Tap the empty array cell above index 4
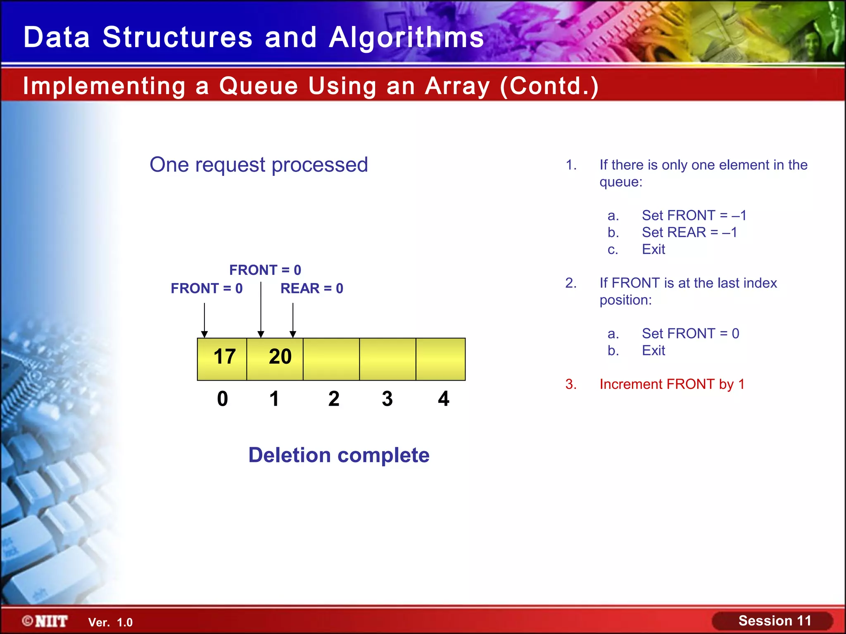click(x=440, y=358)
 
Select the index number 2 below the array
click(x=334, y=399)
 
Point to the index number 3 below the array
click(x=387, y=399)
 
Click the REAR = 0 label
click(x=312, y=288)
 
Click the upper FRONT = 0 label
click(x=265, y=270)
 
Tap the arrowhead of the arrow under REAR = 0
click(x=293, y=334)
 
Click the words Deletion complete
click(x=339, y=455)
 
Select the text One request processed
click(x=259, y=165)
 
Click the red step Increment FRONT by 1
click(x=672, y=384)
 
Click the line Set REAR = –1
click(x=689, y=232)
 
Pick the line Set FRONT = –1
click(x=694, y=215)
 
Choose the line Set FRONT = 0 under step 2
click(x=690, y=334)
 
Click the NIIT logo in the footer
click(x=45, y=621)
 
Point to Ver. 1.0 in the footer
click(x=110, y=622)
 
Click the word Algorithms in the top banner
click(x=406, y=38)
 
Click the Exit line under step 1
click(x=653, y=249)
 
